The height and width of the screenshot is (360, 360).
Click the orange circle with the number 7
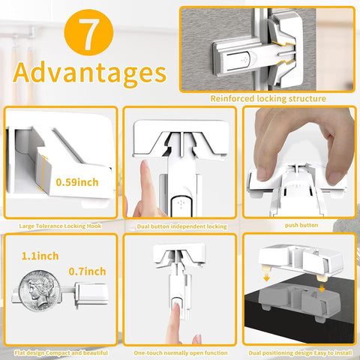pos(88,32)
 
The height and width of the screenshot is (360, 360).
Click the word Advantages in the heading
pos(89,73)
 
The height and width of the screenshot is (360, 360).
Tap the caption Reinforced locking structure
pos(268,98)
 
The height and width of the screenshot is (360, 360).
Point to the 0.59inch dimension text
pos(77,182)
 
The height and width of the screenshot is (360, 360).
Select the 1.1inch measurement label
pos(40,256)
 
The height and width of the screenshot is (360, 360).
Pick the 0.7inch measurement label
pos(87,271)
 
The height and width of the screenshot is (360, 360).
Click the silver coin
pos(40,291)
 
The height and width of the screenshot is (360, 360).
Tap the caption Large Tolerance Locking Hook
pos(60,226)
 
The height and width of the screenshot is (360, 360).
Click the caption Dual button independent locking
pos(181,226)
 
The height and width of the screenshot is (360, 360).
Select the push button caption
pos(301,225)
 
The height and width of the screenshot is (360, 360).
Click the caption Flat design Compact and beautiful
pos(61,352)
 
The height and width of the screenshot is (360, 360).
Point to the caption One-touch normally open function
pos(181,352)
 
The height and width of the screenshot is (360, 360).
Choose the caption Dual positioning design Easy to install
pos(300,352)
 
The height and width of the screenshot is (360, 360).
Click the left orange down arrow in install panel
pos(267,277)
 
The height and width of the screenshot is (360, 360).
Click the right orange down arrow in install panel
pos(322,288)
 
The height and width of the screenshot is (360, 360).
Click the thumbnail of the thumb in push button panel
pos(262,173)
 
